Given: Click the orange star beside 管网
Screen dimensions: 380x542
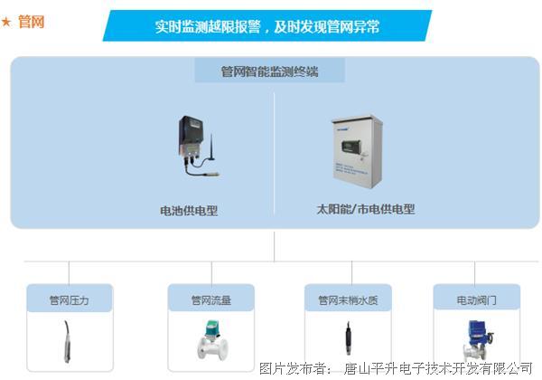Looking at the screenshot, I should coord(8,22).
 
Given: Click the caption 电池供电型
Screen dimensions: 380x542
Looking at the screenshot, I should coord(189,211).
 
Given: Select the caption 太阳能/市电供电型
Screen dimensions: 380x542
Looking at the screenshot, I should coord(360,209).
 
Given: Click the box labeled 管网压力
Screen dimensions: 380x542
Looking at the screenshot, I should coord(69,299).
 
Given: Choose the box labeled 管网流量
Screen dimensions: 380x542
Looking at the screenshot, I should coord(210,299).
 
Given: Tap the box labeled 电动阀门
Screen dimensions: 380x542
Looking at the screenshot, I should coord(476,299).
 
